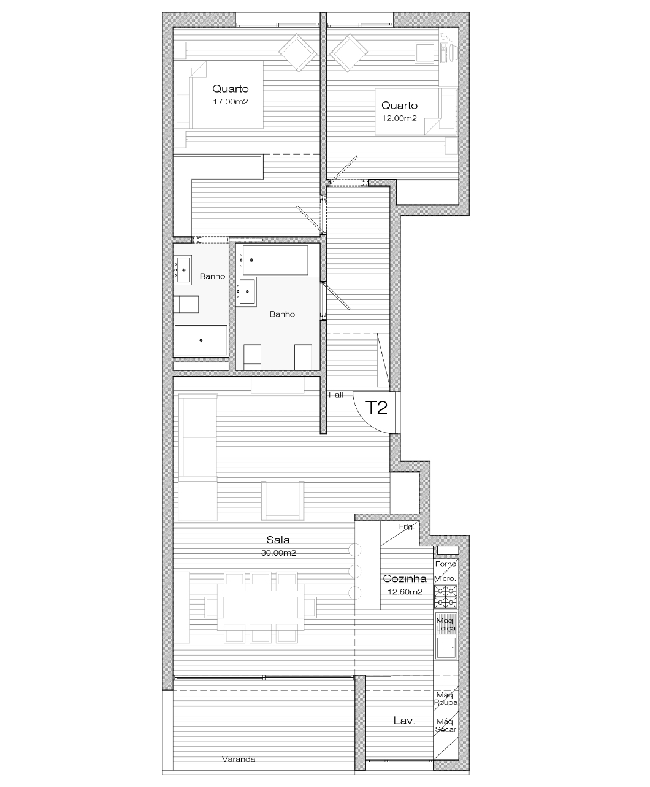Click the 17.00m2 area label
click(x=231, y=102)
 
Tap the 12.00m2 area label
click(x=399, y=118)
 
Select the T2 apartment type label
click(x=377, y=408)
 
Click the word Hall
click(x=335, y=395)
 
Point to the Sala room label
click(x=278, y=540)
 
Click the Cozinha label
click(x=405, y=578)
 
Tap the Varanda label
click(x=239, y=759)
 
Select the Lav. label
click(x=404, y=721)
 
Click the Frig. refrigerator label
click(x=407, y=527)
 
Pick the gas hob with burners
click(x=446, y=597)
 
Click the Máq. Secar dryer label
click(x=446, y=726)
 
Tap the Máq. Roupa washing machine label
click(x=446, y=699)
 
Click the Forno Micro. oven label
click(x=446, y=571)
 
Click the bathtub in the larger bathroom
click(x=275, y=260)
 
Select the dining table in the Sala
click(x=261, y=607)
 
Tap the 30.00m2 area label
click(x=278, y=553)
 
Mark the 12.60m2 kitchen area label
click(x=405, y=592)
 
